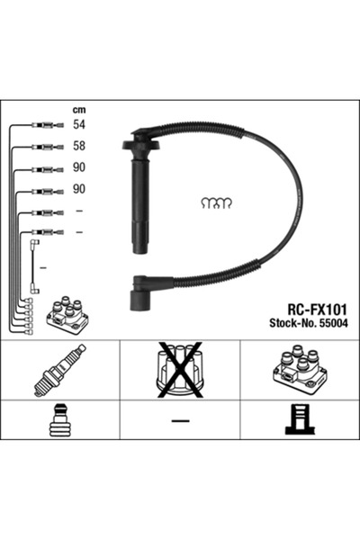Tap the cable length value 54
click(x=78, y=126)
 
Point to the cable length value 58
click(x=78, y=146)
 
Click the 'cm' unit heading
click(x=78, y=110)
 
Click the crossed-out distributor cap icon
click(x=180, y=369)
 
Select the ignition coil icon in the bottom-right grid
click(x=299, y=369)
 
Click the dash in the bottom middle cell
click(x=180, y=420)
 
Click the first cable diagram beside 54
click(x=42, y=126)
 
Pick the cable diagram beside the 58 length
click(x=42, y=146)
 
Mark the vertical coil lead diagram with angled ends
click(x=34, y=266)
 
